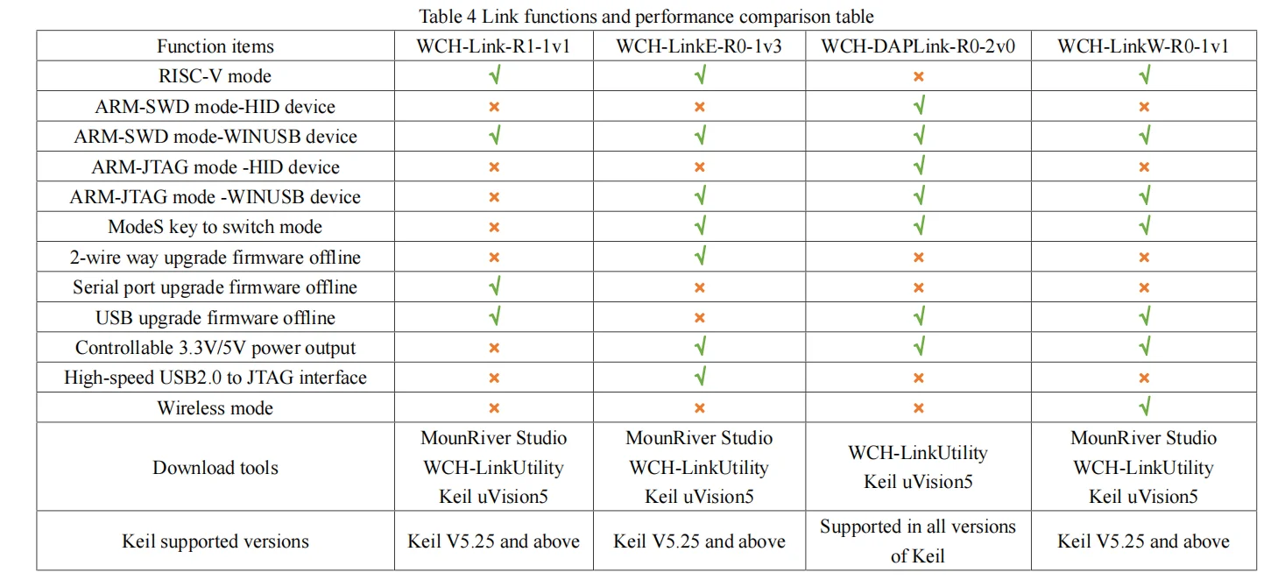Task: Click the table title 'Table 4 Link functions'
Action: pyautogui.click(x=646, y=16)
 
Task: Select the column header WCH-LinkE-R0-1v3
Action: pyautogui.click(x=698, y=46)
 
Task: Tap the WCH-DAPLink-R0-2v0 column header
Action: pyautogui.click(x=917, y=46)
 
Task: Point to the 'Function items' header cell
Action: pyautogui.click(x=215, y=46)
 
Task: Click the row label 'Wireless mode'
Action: pyautogui.click(x=215, y=407)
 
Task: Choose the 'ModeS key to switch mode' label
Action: pyautogui.click(x=215, y=227)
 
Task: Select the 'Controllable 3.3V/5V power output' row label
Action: pyautogui.click(x=215, y=348)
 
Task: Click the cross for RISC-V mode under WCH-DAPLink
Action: pyautogui.click(x=918, y=76)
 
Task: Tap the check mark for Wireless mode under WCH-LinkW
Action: pyautogui.click(x=1143, y=407)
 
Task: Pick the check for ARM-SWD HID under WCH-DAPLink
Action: pyautogui.click(x=918, y=106)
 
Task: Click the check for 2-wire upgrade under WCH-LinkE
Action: pyautogui.click(x=699, y=257)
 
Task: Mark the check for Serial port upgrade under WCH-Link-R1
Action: pyautogui.click(x=494, y=286)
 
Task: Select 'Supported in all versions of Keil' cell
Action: pyautogui.click(x=917, y=541)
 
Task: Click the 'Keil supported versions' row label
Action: pyautogui.click(x=215, y=541)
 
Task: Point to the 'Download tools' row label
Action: pyautogui.click(x=215, y=467)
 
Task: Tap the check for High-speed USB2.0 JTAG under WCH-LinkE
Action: pyautogui.click(x=699, y=377)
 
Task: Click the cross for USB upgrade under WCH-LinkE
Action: pyautogui.click(x=699, y=317)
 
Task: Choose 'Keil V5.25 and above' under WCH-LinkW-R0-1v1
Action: pyautogui.click(x=1143, y=541)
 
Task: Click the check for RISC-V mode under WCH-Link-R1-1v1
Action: pyautogui.click(x=494, y=75)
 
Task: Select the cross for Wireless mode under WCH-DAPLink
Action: pyautogui.click(x=918, y=407)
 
